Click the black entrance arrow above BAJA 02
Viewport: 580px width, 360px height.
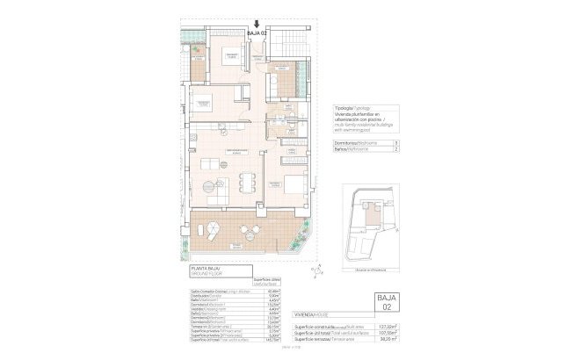point(256,25)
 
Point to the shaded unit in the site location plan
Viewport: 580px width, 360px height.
point(373,214)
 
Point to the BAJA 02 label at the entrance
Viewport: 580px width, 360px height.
point(257,35)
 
